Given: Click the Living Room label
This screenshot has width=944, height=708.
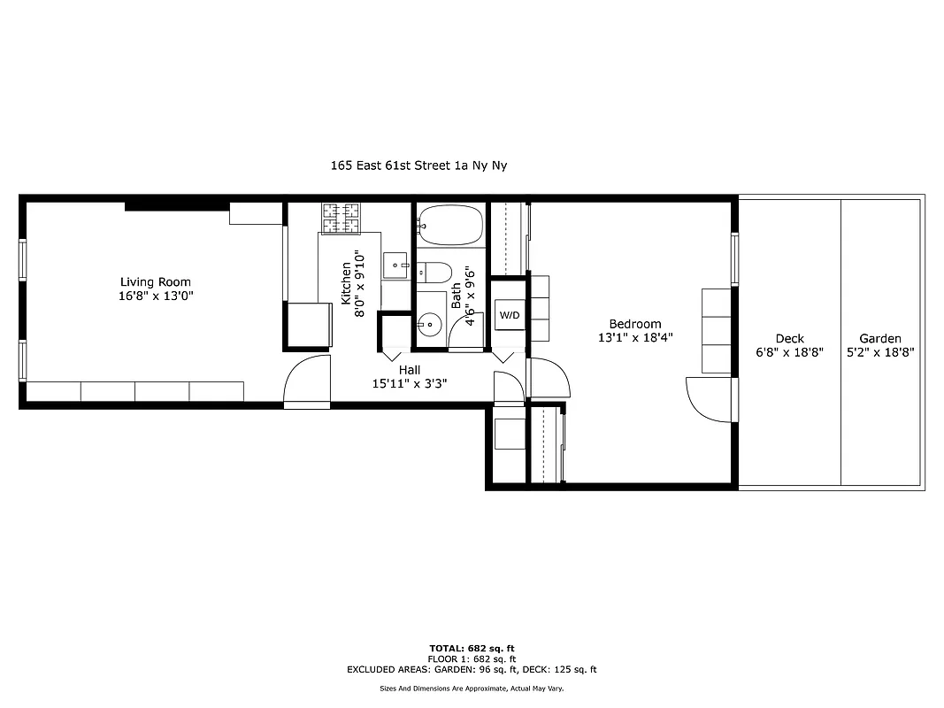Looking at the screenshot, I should click(156, 282).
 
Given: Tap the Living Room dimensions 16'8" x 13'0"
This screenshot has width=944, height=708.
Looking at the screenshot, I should click(156, 296).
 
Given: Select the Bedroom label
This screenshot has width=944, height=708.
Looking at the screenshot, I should click(634, 324).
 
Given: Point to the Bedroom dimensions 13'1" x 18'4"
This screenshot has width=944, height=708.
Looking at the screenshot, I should click(634, 337).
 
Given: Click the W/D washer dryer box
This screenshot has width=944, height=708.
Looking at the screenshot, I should click(509, 315).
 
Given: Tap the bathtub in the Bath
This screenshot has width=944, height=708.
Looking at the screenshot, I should click(450, 225).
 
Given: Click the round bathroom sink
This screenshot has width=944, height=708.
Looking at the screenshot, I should click(431, 325).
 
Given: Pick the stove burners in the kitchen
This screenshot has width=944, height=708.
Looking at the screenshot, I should click(341, 219).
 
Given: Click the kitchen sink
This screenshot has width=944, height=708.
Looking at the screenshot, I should click(395, 265).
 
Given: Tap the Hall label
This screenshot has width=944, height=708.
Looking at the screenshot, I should click(409, 370).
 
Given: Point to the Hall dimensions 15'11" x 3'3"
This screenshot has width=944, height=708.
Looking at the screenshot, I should click(409, 384).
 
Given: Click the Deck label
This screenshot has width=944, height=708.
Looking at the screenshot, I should click(789, 338).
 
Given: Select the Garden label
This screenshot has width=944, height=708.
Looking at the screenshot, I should click(880, 338).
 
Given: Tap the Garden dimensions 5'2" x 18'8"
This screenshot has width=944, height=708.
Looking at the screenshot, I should click(880, 351).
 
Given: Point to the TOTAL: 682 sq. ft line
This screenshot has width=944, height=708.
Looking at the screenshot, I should click(472, 649).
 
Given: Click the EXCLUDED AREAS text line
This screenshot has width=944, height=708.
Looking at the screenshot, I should click(472, 670).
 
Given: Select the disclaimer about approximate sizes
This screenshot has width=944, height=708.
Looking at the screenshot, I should click(472, 688).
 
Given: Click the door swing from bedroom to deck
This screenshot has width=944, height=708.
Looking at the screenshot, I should click(710, 399).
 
